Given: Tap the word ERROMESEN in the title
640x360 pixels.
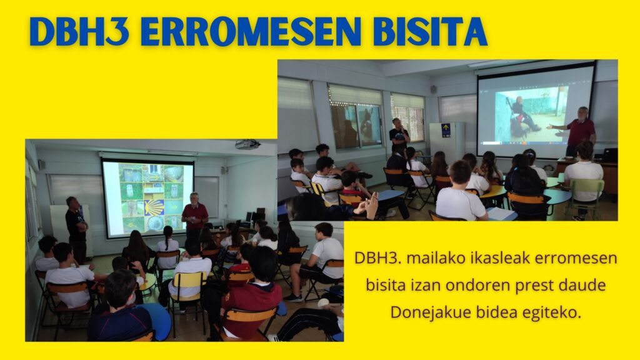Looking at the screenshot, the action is click(x=251, y=32).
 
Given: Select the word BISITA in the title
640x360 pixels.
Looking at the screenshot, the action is click(x=430, y=32).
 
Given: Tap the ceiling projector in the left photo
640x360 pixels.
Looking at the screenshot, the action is click(x=247, y=144).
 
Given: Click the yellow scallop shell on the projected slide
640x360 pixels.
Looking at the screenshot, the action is click(x=154, y=207).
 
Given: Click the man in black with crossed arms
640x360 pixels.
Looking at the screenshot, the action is click(x=76, y=229).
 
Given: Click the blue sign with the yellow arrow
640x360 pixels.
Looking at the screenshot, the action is click(x=446, y=130).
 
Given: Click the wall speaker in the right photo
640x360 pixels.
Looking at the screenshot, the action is click(x=434, y=89).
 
